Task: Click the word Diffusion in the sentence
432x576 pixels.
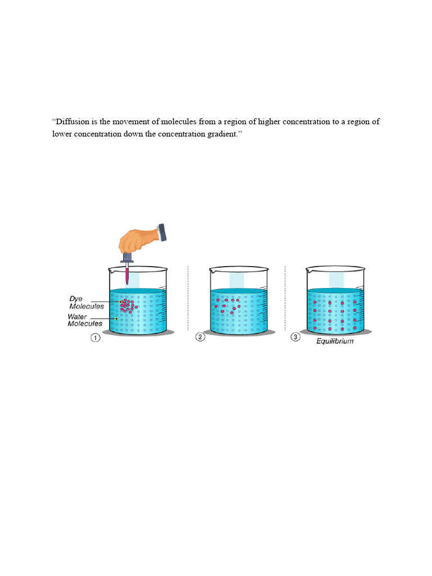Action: coord(73,121)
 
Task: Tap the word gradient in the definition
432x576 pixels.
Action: coord(222,134)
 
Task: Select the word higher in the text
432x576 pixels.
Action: coord(269,121)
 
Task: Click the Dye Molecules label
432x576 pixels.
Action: coord(87,303)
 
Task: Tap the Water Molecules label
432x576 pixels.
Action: coord(85,320)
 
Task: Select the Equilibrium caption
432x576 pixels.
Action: coord(335,341)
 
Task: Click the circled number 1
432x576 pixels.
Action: coord(96,337)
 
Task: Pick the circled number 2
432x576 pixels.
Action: coord(200,337)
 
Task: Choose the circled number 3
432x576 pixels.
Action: coord(295,337)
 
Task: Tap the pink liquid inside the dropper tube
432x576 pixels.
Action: coord(127,276)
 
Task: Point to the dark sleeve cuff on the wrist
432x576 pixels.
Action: coord(161,232)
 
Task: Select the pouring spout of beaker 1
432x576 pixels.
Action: coord(112,271)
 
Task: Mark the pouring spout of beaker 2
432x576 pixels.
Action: coord(213,271)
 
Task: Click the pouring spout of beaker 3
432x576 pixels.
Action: coord(309,271)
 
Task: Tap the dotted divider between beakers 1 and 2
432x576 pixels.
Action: coord(188,298)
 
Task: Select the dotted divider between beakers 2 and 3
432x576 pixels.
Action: coord(285,298)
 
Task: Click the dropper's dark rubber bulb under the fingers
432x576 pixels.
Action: coord(127,257)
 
